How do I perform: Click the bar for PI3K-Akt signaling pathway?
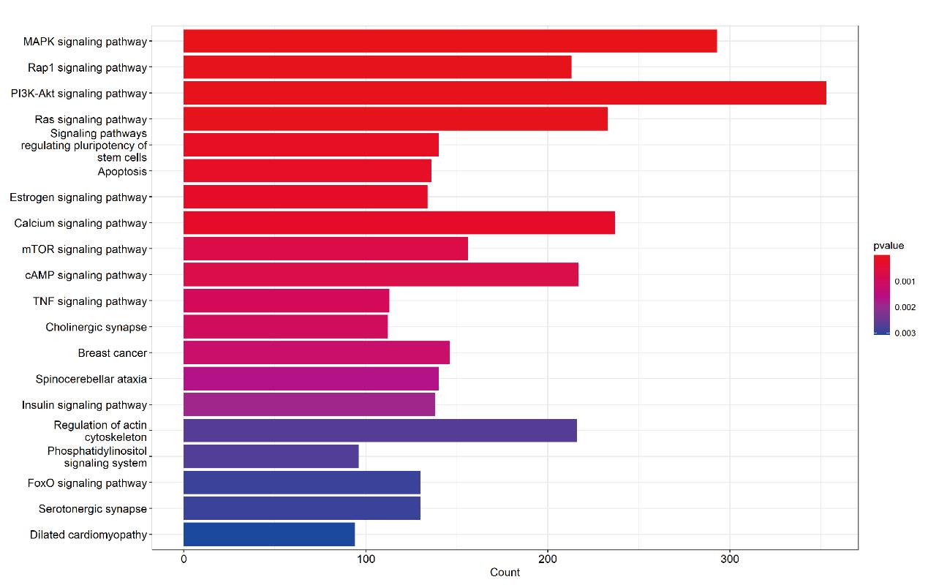(505, 93)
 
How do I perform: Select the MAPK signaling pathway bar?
(450, 41)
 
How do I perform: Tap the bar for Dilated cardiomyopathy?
(269, 535)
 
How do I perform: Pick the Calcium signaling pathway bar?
(399, 222)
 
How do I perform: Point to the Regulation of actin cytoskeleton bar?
(380, 431)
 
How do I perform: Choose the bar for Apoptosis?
(307, 170)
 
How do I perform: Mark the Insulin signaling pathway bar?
(309, 404)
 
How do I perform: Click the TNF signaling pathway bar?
(286, 301)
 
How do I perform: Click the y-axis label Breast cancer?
(113, 353)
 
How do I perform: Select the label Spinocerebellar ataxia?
(91, 379)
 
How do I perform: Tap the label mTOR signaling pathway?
(85, 249)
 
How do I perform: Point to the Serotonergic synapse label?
(93, 509)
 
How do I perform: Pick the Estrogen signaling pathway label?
(78, 197)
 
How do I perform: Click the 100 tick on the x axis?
(366, 559)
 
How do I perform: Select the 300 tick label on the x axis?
(730, 559)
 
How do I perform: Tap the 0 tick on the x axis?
(184, 559)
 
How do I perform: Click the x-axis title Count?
(505, 573)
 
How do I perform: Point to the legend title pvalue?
(889, 246)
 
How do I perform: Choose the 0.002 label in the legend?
(905, 307)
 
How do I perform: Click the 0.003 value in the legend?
(905, 333)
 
